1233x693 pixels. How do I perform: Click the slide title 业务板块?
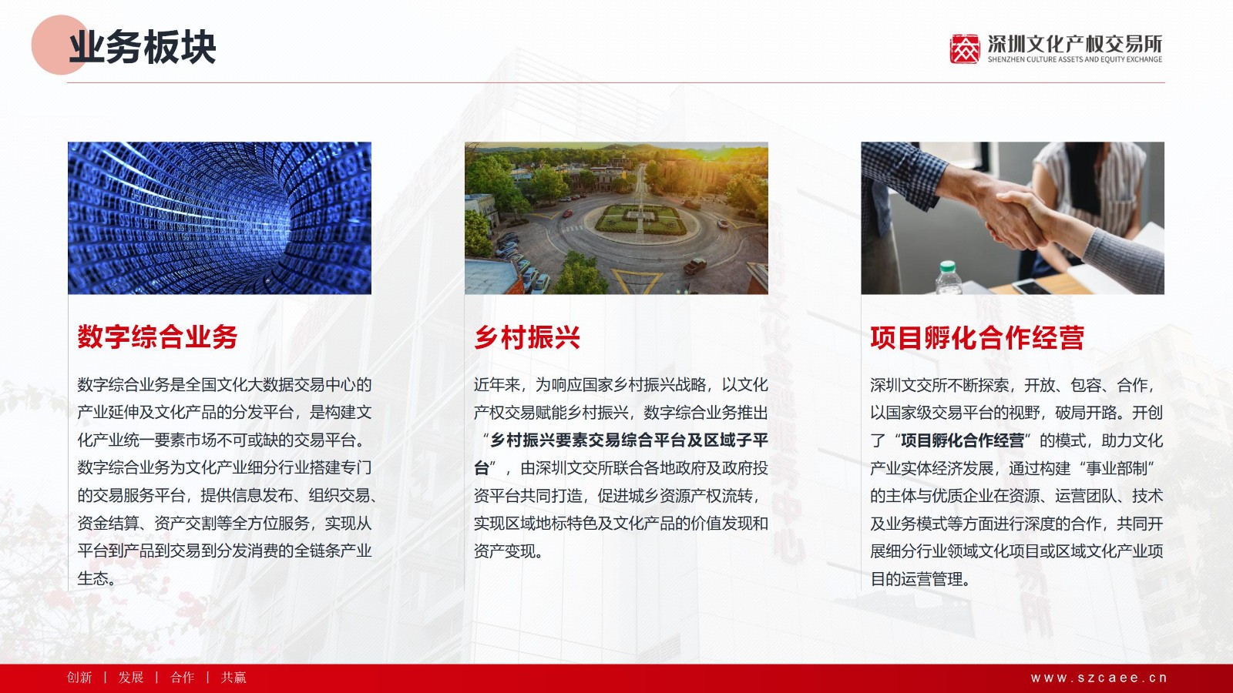click(142, 47)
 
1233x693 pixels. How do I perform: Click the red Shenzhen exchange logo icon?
click(965, 49)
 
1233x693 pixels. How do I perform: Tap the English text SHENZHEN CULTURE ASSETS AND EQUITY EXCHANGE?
click(1074, 59)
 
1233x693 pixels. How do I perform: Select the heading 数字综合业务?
click(157, 337)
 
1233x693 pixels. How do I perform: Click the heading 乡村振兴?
click(527, 337)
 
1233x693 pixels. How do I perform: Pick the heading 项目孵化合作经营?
click(977, 338)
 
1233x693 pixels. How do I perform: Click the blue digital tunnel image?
click(220, 218)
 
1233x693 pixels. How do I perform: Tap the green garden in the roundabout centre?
click(641, 219)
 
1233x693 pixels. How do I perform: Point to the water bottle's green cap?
click(947, 267)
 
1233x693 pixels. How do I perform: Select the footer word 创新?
click(79, 678)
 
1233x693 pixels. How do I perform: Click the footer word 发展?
click(131, 678)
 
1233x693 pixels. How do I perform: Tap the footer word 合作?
click(182, 678)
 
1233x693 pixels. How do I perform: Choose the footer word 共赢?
click(233, 678)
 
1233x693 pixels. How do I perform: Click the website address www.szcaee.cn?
click(1099, 678)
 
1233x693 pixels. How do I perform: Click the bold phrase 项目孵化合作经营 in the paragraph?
click(963, 440)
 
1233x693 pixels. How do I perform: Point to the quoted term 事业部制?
click(1117, 468)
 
